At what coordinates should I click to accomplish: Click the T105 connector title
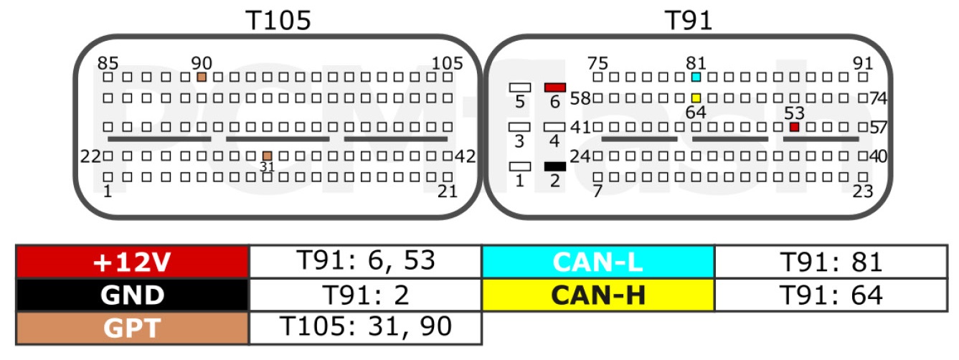tap(278, 20)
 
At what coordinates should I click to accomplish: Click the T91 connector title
tap(689, 20)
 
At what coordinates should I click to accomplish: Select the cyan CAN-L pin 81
tap(696, 77)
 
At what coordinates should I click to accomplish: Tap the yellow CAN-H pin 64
tap(696, 98)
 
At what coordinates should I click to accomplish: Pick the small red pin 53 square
tap(794, 127)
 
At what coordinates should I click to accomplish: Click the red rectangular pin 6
tap(555, 87)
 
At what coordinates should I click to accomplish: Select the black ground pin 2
tap(555, 166)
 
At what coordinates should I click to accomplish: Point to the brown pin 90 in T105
tap(202, 77)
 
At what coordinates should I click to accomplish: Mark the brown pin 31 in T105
tap(267, 156)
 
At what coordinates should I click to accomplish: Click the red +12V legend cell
tap(133, 262)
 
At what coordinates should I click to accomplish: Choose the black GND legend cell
tap(133, 295)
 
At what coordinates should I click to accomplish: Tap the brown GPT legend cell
tap(133, 328)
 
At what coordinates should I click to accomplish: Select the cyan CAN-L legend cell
tap(598, 262)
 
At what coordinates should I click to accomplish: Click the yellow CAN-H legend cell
tap(598, 295)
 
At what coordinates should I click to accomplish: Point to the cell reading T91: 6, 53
tap(366, 262)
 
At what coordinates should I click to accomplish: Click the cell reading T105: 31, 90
tap(366, 328)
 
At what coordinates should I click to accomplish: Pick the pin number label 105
tap(447, 63)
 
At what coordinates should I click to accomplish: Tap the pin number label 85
tap(108, 63)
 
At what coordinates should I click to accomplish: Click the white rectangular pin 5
tap(520, 87)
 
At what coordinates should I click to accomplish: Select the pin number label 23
tap(863, 191)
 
